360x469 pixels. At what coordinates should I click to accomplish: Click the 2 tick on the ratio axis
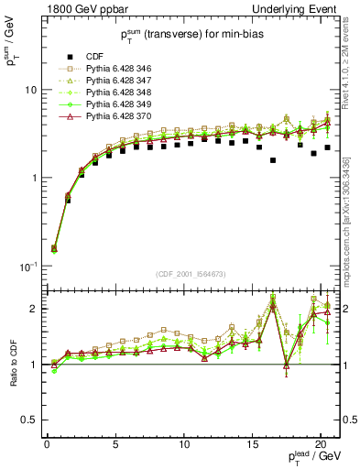pyautogui.click(x=32, y=309)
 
